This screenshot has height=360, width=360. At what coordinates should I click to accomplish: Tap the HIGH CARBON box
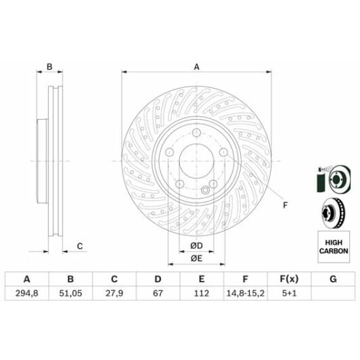(x=332, y=246)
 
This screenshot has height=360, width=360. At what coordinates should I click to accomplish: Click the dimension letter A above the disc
(x=196, y=66)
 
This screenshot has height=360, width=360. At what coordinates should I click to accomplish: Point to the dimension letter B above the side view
(x=49, y=66)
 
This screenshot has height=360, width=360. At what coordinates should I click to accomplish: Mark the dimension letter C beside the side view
(x=79, y=246)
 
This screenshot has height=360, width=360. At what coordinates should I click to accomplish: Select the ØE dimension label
(x=196, y=258)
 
